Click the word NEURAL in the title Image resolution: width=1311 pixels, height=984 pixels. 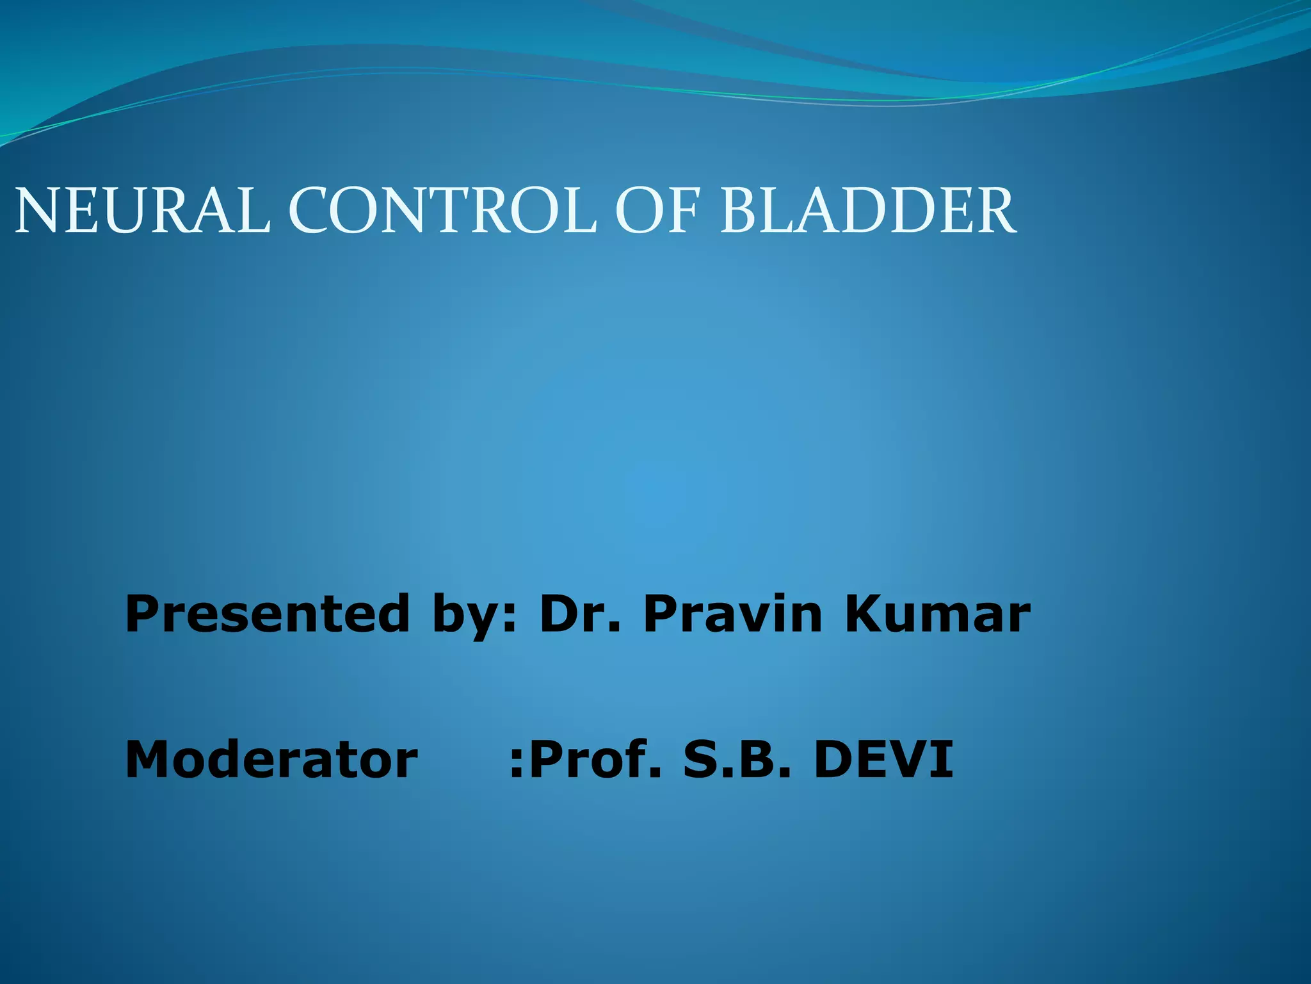click(142, 211)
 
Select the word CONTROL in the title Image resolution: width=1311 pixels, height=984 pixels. click(442, 211)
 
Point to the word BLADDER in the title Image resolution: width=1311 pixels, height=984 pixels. click(868, 211)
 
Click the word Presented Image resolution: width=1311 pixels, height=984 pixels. click(267, 614)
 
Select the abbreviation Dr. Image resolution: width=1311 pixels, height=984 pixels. click(580, 614)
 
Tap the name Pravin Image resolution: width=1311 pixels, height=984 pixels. click(733, 614)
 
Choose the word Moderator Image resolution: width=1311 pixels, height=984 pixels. click(271, 760)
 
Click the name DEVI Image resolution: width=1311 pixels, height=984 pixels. click(883, 760)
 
